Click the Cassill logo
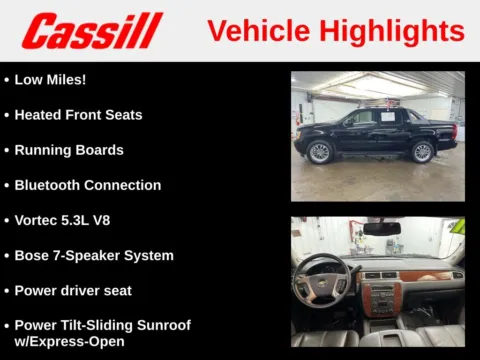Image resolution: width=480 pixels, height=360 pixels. click(x=92, y=30)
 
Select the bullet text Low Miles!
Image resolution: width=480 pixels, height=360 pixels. click(x=50, y=79)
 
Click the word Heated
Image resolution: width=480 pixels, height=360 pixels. click(x=39, y=115)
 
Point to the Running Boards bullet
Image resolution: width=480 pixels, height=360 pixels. click(x=69, y=150)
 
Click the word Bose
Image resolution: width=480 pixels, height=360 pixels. click(x=33, y=255)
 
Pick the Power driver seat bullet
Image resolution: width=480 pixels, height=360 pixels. click(x=73, y=290)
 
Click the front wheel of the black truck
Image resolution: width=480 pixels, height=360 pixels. click(x=320, y=152)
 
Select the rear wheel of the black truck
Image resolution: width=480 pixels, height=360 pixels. click(x=422, y=152)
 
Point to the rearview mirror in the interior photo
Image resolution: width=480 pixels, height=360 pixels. click(x=381, y=229)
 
